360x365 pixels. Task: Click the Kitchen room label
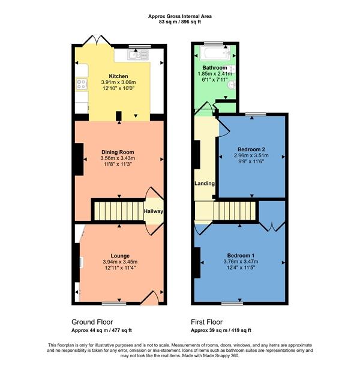(118, 75)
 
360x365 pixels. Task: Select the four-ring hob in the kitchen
(81, 84)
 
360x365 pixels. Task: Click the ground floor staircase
(116, 211)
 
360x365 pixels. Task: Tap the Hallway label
(154, 211)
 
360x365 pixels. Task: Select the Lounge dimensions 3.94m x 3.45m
(118, 262)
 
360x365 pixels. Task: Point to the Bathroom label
(214, 67)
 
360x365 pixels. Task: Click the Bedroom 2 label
(251, 148)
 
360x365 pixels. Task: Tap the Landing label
(204, 184)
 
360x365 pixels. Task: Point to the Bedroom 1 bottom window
(236, 303)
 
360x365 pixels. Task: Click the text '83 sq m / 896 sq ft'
(179, 22)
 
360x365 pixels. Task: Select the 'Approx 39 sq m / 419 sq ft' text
(221, 330)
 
